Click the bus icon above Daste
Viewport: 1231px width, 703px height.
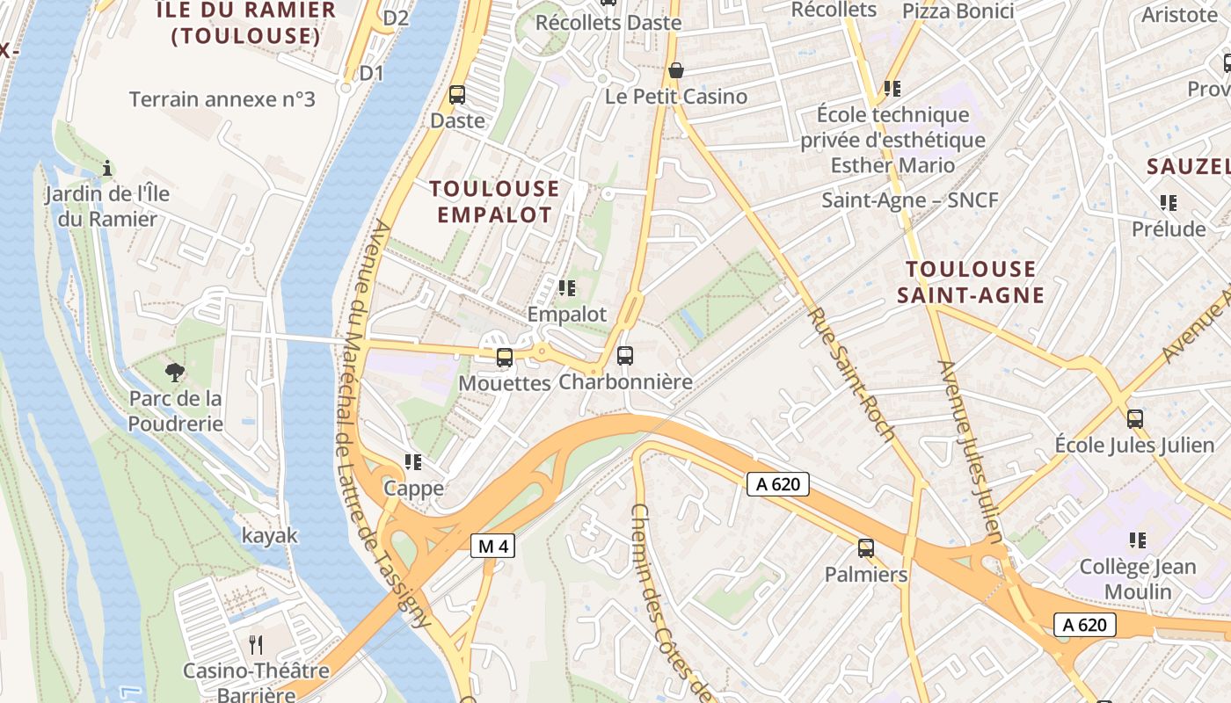click(x=456, y=94)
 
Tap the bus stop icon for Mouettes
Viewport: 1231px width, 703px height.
click(x=504, y=357)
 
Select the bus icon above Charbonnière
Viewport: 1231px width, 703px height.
click(x=624, y=356)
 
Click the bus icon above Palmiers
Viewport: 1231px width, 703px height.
click(x=865, y=548)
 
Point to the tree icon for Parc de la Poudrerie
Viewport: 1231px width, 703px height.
click(x=175, y=372)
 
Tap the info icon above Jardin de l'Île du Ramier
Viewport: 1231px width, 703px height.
click(x=107, y=167)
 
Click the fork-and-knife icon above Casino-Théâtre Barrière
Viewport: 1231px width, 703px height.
click(x=256, y=645)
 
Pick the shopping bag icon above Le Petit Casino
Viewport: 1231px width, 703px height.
click(x=675, y=70)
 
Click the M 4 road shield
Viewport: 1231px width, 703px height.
click(x=492, y=546)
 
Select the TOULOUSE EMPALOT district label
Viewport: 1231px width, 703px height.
click(x=494, y=201)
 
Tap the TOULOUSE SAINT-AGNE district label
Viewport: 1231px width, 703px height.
click(x=971, y=281)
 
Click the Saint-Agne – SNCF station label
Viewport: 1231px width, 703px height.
click(x=910, y=200)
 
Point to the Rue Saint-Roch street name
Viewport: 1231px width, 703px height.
click(x=851, y=373)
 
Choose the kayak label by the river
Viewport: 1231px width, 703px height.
click(x=270, y=535)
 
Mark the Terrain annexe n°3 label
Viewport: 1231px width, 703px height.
click(x=222, y=99)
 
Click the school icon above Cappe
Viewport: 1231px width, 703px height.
click(x=413, y=461)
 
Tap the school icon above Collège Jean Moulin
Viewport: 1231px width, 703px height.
click(x=1138, y=540)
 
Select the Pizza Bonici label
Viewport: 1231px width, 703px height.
click(x=958, y=11)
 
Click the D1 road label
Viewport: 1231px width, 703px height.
click(x=372, y=73)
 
